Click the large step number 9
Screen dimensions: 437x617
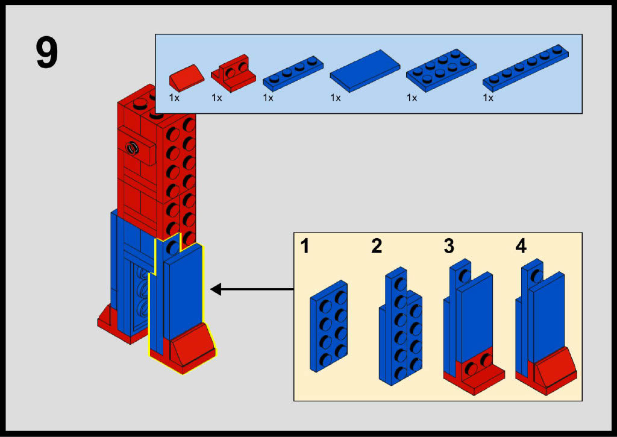(x=47, y=54)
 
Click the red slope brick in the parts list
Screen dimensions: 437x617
(x=187, y=77)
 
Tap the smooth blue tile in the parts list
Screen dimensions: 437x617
(x=365, y=71)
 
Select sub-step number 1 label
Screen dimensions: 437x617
(x=305, y=246)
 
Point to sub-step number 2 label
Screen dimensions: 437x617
(x=377, y=246)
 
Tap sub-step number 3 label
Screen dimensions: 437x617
(x=449, y=246)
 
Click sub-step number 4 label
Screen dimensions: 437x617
(x=521, y=246)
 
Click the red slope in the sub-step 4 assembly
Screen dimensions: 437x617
(x=554, y=369)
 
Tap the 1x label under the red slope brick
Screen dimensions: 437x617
(x=174, y=97)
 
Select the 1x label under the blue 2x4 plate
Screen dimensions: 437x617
(x=412, y=97)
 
